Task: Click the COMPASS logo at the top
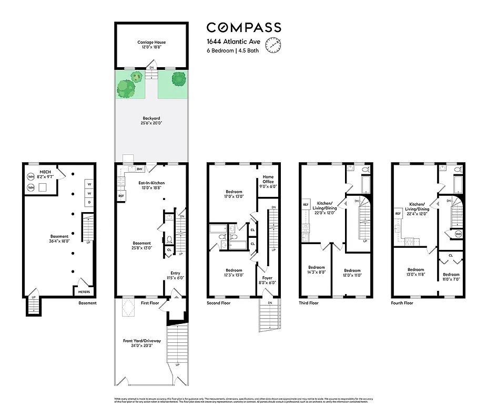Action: point(244,28)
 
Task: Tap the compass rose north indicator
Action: point(273,45)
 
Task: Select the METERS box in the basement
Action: point(84,291)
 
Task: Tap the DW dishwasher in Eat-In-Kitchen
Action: point(139,169)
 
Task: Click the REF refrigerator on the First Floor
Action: point(121,196)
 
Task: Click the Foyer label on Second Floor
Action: point(268,280)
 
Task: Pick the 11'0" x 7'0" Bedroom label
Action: point(451,277)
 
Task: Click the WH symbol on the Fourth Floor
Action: point(458,234)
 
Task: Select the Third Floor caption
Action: point(309,303)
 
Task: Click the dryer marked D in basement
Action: point(89,202)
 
